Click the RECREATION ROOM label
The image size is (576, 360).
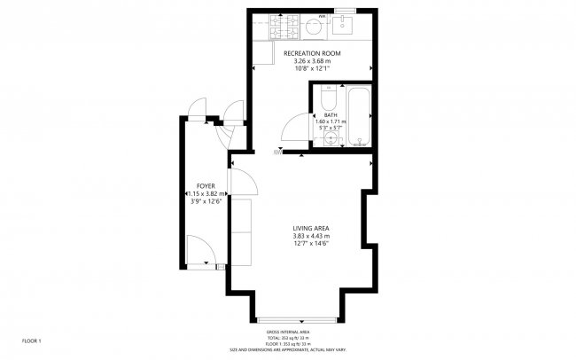[x=311, y=54]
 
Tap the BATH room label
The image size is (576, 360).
[x=330, y=115]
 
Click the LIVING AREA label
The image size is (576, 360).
[x=311, y=229]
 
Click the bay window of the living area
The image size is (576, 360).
[x=295, y=318]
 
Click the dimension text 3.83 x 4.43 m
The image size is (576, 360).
[x=311, y=237]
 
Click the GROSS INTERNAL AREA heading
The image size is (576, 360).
[x=295, y=332]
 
